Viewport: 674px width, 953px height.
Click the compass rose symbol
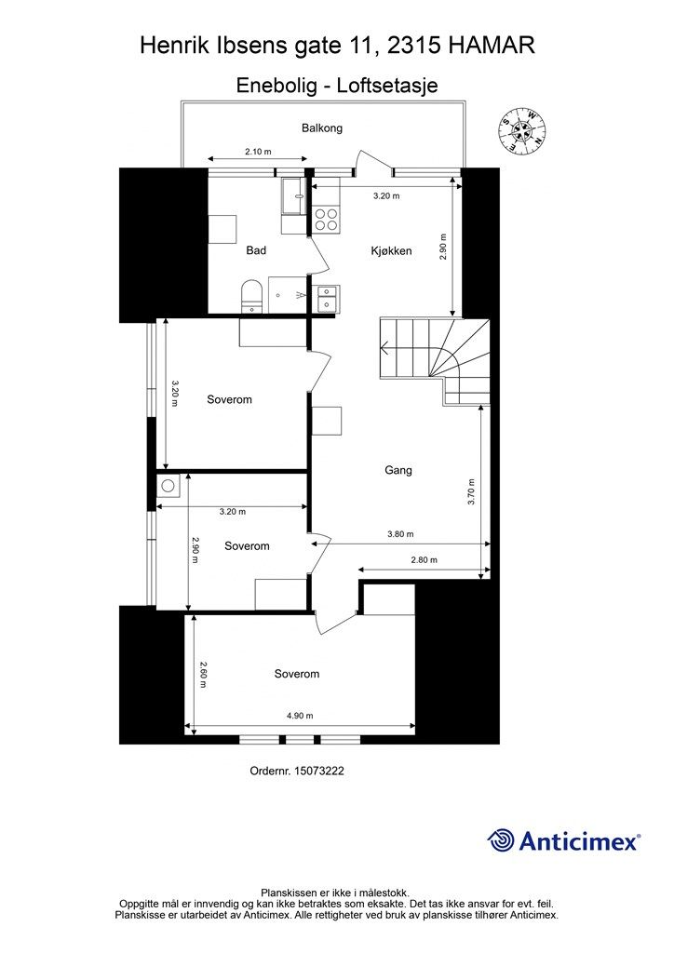(x=521, y=129)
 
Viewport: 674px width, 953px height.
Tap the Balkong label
(x=322, y=128)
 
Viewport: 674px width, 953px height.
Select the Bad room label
(x=256, y=250)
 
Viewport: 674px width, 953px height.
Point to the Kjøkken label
(x=391, y=250)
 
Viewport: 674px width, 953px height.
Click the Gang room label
(x=398, y=470)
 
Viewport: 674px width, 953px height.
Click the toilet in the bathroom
(x=249, y=296)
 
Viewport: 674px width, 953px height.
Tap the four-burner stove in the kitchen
(x=326, y=220)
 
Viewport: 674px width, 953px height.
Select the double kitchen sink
(x=327, y=298)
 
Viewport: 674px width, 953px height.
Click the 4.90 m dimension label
(x=300, y=716)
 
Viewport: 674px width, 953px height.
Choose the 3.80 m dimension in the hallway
(x=400, y=534)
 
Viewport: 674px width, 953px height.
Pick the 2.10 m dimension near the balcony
(x=258, y=152)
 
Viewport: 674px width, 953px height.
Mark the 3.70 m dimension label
(x=471, y=492)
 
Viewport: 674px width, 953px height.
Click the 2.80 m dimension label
(x=424, y=559)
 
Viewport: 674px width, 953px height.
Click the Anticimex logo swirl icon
(x=501, y=840)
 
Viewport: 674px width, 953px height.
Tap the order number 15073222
(x=318, y=771)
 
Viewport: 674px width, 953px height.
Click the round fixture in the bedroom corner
(x=168, y=486)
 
